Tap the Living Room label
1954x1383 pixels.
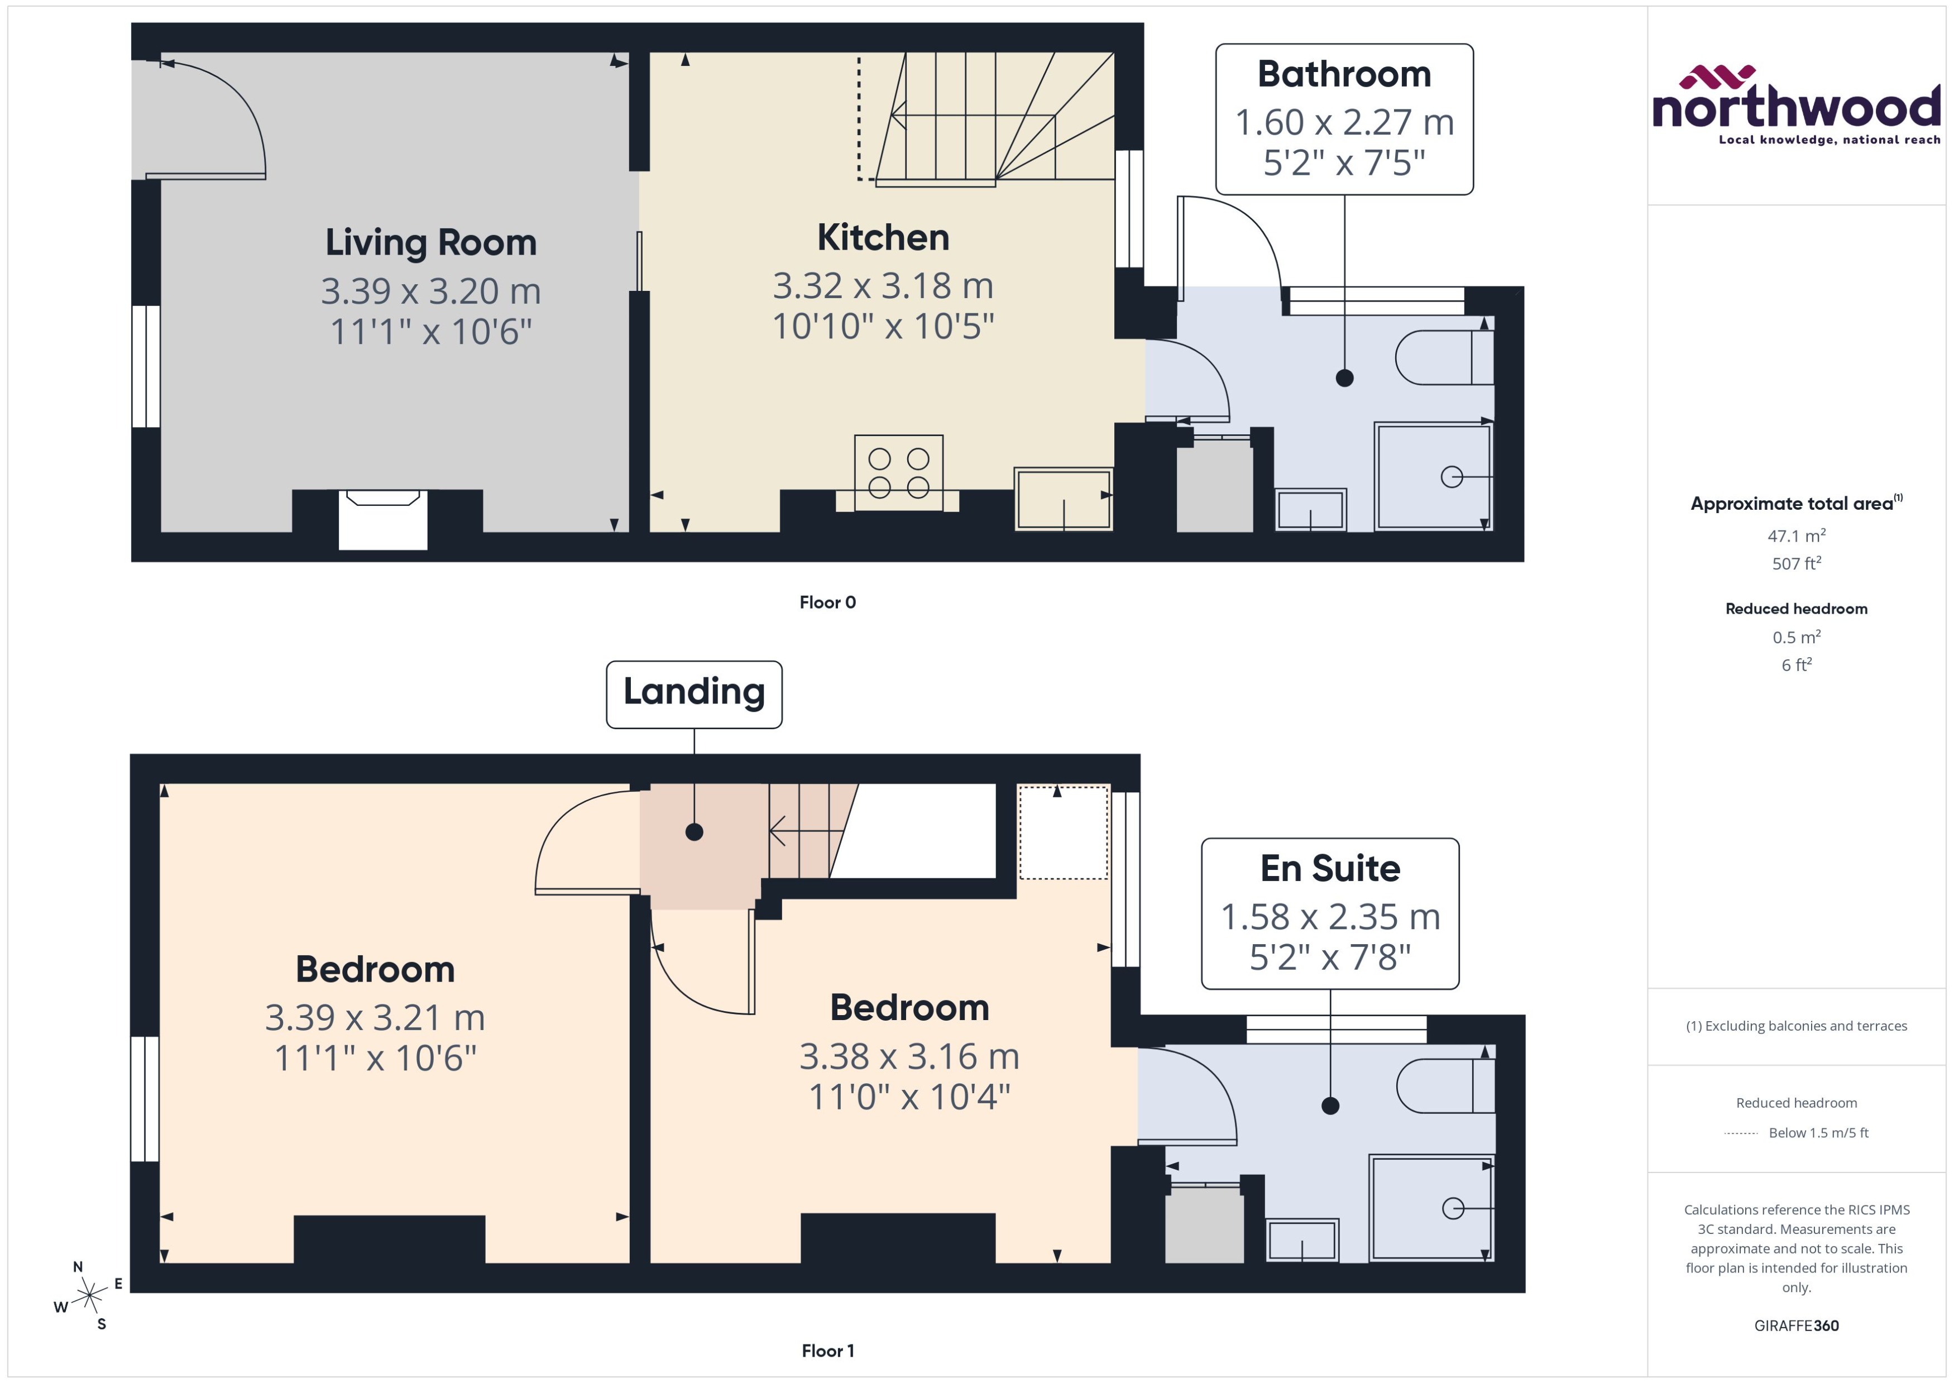coord(431,243)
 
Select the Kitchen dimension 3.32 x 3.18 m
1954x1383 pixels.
coord(883,286)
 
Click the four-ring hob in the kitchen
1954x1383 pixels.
coord(898,473)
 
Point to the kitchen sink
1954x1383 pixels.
coord(1064,499)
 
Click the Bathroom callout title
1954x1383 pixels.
coord(1344,75)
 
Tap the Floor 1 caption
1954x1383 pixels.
coord(827,1351)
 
